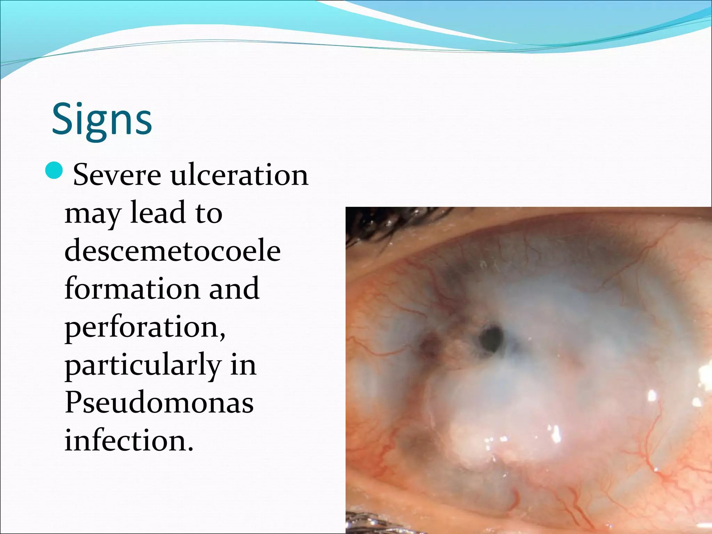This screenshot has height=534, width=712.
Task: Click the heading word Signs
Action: coord(102,120)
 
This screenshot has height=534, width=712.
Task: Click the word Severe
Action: coord(117,175)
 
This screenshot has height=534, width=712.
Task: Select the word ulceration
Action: coord(240,175)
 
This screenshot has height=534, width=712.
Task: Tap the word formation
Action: coord(132,289)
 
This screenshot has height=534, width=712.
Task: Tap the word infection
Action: coord(129,441)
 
